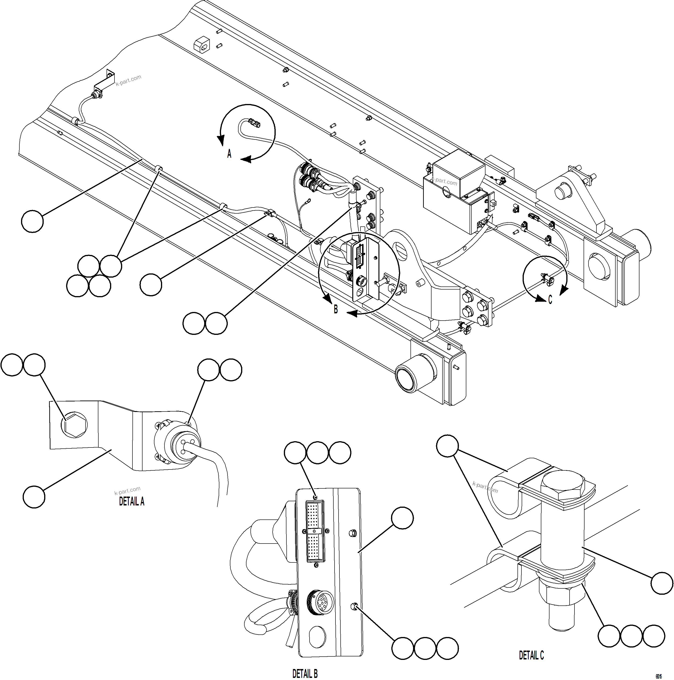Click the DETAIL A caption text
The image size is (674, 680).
point(132,501)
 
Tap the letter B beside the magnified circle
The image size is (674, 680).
point(336,309)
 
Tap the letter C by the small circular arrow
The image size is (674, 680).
point(550,300)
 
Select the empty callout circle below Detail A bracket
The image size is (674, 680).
point(34,497)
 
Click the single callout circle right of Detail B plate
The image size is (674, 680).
point(402,518)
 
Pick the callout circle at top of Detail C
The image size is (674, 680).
point(447,446)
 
